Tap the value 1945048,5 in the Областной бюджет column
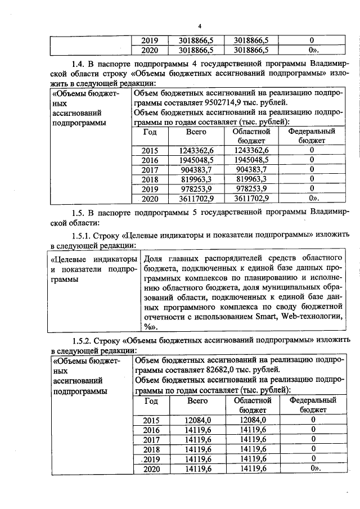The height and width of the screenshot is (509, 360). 251,159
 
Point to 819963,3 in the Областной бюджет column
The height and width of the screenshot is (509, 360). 251,178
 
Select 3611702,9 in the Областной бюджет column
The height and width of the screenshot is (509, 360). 251,198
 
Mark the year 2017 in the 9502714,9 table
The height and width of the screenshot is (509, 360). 150,169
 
